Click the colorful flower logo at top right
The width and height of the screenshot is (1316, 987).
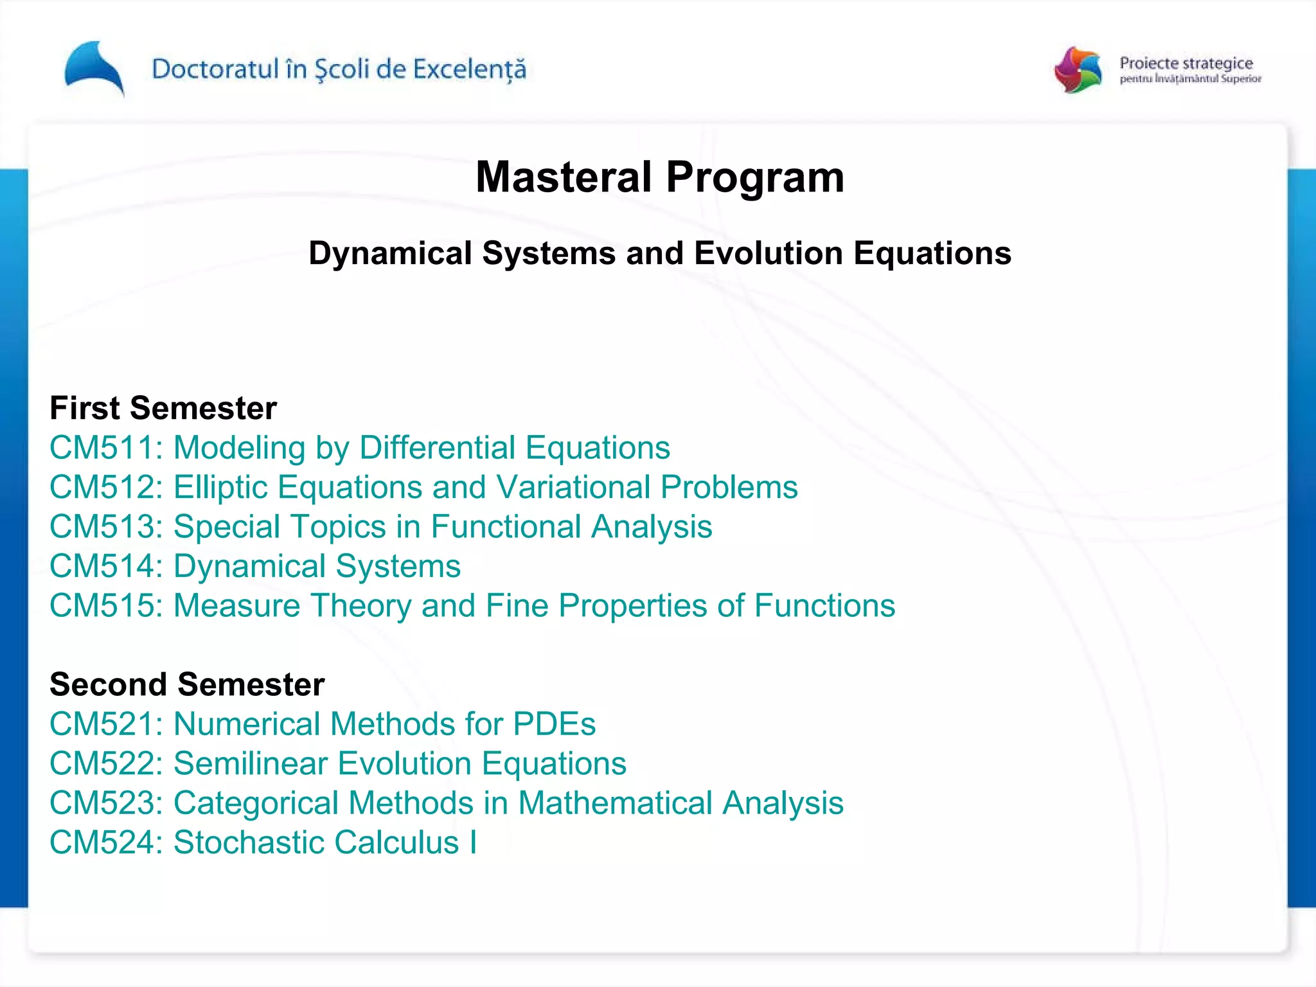[1078, 69]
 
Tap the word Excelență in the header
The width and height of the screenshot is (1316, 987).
[469, 69]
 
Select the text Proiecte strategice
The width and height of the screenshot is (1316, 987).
[1186, 63]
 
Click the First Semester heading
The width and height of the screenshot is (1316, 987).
[163, 409]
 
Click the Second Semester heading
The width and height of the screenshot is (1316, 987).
[187, 684]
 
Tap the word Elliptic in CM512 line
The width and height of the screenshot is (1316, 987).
[220, 487]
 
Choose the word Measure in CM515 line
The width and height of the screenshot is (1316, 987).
[237, 606]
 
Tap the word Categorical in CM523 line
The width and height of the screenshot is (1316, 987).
[256, 804]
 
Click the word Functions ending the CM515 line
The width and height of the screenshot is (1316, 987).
[824, 606]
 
